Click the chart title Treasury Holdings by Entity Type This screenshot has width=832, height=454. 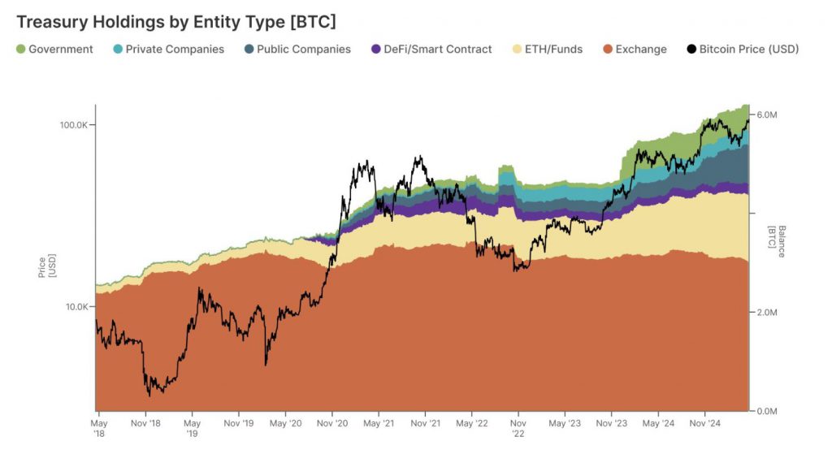tap(175, 21)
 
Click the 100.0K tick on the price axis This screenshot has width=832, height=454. tap(73, 125)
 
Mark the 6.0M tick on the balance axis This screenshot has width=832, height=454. tap(767, 115)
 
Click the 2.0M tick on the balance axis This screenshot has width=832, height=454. tap(767, 313)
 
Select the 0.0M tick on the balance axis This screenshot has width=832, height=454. tap(767, 411)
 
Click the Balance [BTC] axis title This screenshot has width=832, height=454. tap(778, 241)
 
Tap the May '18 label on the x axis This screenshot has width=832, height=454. tap(97, 427)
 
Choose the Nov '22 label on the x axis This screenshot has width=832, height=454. tap(518, 427)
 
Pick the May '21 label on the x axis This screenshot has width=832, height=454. tap(379, 423)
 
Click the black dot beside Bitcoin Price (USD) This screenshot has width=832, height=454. tap(691, 50)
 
